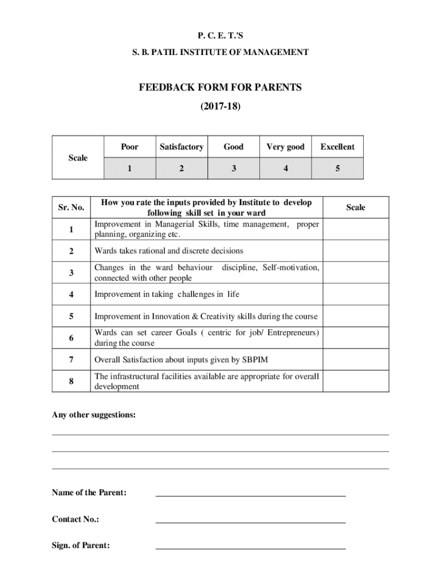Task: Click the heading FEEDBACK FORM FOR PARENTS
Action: click(220, 88)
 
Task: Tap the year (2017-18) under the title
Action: click(220, 106)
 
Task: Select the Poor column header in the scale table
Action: click(129, 147)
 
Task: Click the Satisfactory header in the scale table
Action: click(181, 147)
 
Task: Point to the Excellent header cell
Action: click(337, 147)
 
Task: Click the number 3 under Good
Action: click(233, 169)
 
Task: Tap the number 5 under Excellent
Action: click(337, 169)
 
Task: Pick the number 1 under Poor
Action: click(129, 169)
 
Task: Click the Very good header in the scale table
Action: click(285, 147)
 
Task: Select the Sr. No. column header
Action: click(72, 207)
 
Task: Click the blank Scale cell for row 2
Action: click(356, 251)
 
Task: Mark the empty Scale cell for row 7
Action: click(356, 359)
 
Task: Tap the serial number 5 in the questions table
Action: click(72, 316)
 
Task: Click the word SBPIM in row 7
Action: click(255, 359)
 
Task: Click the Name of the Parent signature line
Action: click(251, 494)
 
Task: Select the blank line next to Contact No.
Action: click(251, 522)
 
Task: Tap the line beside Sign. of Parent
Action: click(251, 548)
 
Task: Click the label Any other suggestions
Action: click(94, 414)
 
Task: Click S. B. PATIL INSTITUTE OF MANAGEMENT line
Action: click(220, 52)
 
